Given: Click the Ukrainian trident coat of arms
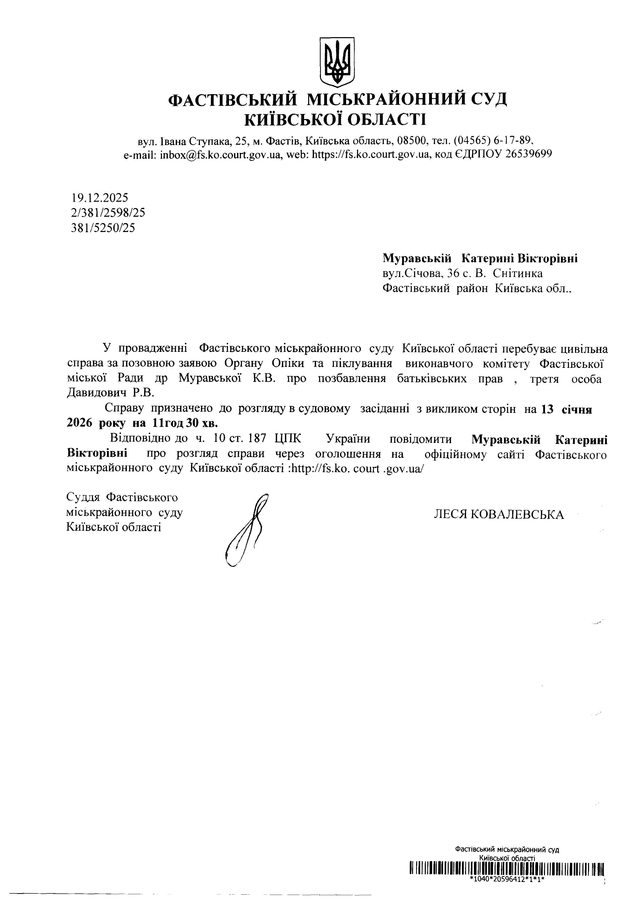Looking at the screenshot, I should [x=337, y=62].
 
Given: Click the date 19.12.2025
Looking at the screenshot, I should [x=100, y=198].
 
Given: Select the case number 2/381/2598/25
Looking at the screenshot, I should [x=108, y=213].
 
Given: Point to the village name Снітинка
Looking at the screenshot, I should [x=518, y=273].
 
